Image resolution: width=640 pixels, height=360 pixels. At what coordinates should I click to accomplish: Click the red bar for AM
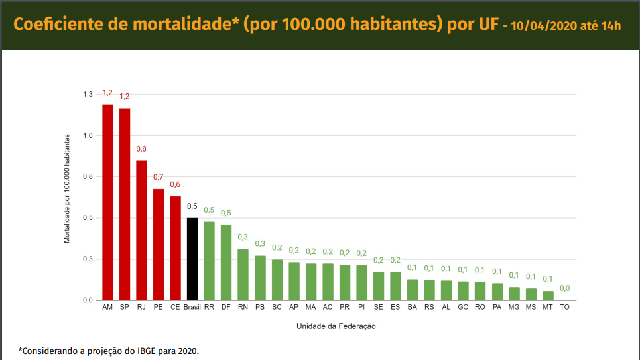107,202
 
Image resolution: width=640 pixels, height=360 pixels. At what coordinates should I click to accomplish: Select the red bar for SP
125,204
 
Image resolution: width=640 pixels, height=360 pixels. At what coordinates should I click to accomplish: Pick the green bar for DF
226,263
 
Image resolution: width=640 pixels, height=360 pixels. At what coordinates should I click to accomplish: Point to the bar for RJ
141,230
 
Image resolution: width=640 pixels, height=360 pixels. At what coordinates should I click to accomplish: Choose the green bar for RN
243,274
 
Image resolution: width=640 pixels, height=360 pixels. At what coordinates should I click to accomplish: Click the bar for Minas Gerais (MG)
514,294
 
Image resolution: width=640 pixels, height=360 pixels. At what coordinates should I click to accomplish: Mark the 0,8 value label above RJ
141,149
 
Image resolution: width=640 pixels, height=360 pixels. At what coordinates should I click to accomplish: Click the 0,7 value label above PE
158,177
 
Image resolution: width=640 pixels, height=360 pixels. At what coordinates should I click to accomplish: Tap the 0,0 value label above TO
564,288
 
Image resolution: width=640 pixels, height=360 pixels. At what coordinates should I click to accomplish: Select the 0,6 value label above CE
175,184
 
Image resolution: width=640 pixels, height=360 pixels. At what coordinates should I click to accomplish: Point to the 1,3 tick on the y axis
88,95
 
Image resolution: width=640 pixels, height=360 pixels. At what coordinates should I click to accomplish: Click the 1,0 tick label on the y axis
88,136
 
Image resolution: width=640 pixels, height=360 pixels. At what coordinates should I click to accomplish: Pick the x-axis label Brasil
192,308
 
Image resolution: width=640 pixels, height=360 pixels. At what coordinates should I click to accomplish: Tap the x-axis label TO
564,308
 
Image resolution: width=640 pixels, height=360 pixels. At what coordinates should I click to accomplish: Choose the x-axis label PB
260,308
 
